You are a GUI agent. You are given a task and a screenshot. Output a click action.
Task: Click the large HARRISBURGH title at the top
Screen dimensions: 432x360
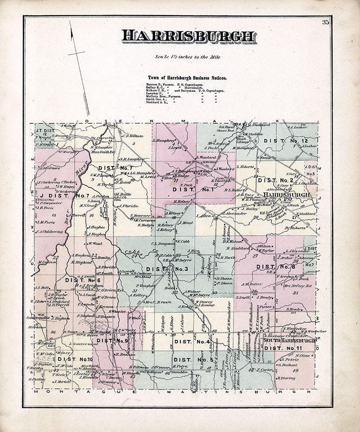click(189, 36)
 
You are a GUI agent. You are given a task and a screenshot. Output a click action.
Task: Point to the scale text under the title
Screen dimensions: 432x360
click(187, 57)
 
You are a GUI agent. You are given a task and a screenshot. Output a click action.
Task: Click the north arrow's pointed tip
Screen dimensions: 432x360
click(71, 22)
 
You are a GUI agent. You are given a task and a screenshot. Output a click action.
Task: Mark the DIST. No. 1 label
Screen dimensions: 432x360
click(193, 189)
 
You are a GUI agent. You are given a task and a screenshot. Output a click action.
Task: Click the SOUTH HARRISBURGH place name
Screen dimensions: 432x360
click(290, 341)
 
